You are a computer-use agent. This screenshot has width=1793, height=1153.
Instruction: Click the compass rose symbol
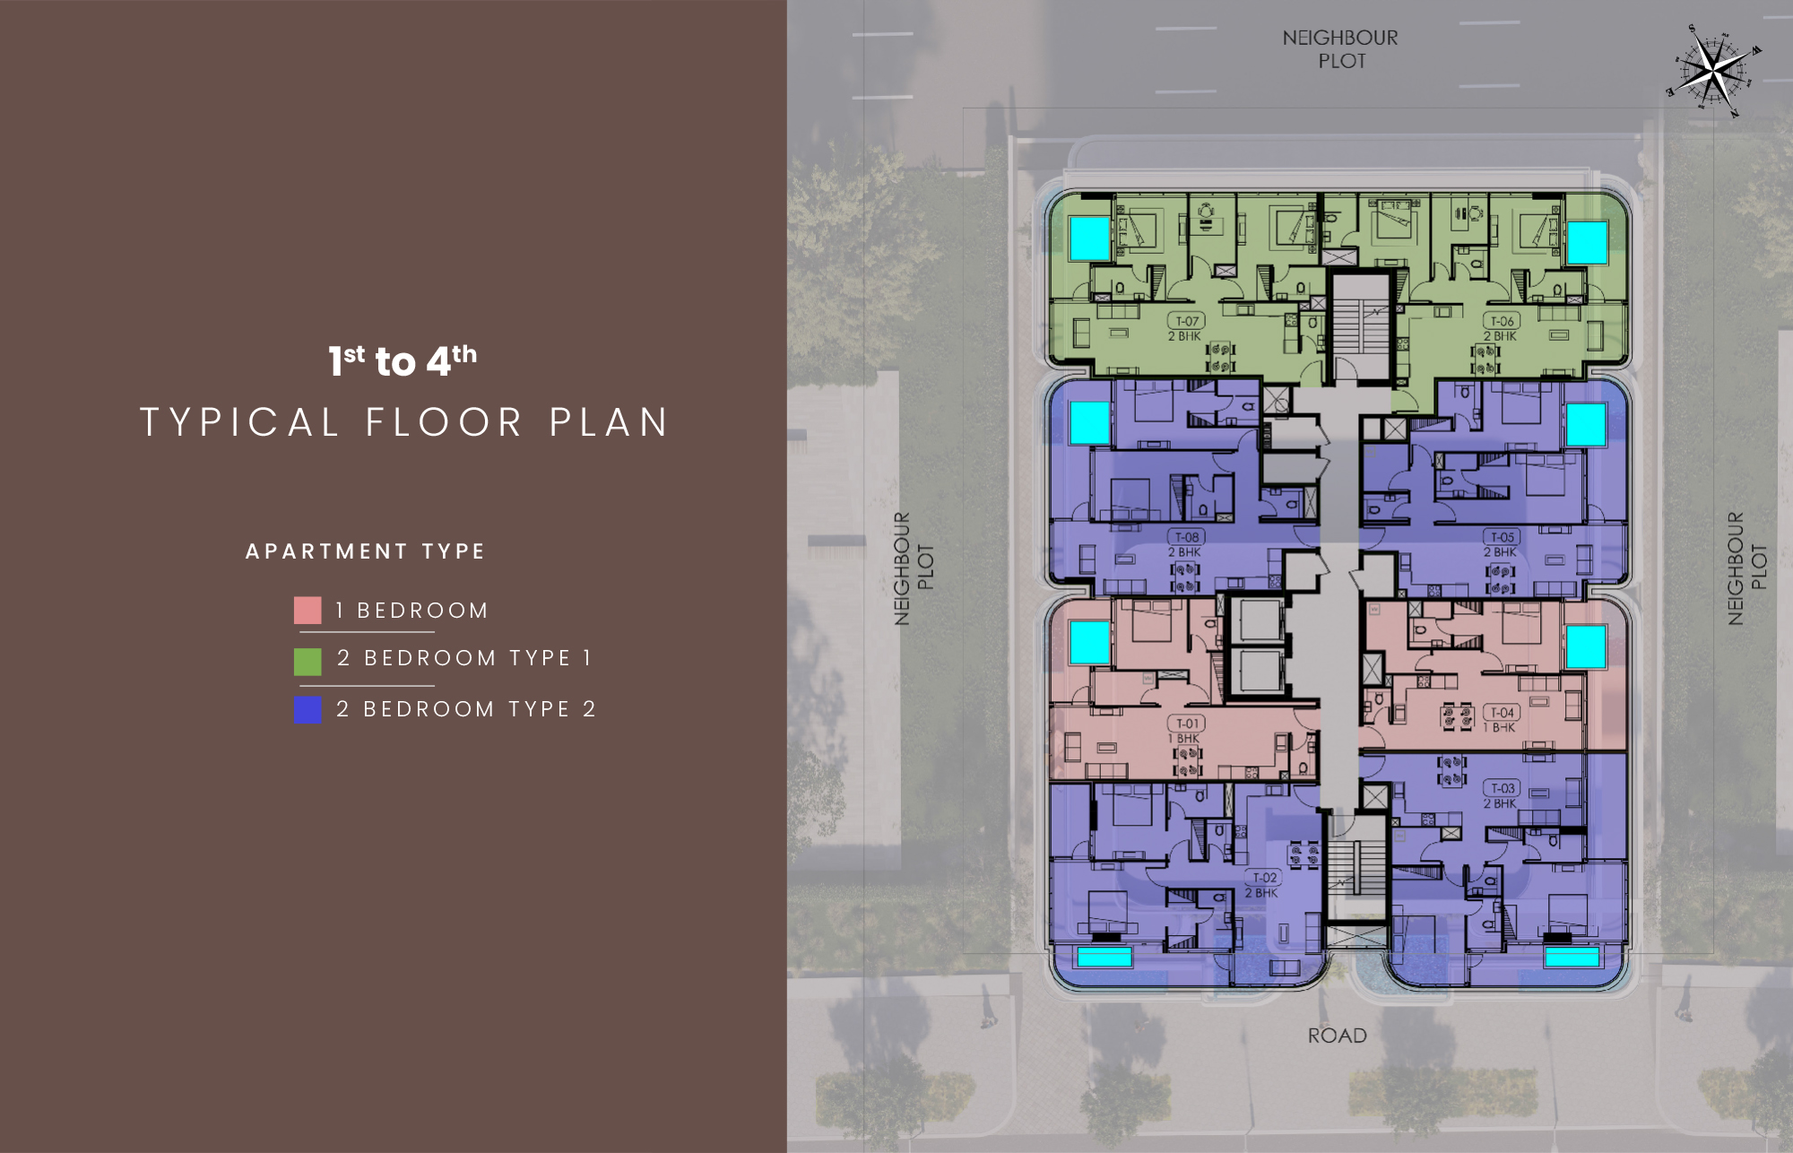point(1713,70)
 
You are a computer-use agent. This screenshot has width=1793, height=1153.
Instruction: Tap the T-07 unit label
point(1187,321)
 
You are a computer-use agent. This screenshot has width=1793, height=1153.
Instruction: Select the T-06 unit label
point(1502,321)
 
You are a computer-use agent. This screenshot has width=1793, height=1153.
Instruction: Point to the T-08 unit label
point(1187,537)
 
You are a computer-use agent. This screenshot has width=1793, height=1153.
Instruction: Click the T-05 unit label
point(1502,537)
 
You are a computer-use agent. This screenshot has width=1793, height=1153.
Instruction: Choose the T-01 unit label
point(1187,724)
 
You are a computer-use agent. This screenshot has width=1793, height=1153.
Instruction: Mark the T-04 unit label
point(1502,713)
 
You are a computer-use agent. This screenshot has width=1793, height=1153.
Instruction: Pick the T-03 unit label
point(1502,788)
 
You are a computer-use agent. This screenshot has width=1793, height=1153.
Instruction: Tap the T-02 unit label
point(1264,878)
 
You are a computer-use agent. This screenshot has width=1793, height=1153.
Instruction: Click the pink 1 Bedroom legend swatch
point(307,611)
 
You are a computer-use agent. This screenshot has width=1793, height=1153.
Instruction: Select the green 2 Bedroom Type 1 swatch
point(307,662)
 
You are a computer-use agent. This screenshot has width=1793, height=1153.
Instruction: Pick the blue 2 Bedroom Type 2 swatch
point(307,710)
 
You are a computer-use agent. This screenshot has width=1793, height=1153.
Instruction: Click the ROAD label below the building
point(1337,1036)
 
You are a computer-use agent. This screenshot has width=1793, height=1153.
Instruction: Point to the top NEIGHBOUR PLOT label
point(1340,49)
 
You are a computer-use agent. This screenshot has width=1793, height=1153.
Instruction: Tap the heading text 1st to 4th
point(403,360)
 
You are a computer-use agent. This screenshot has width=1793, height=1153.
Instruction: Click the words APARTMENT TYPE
point(366,551)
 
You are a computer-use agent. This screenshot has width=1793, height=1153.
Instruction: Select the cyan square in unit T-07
point(1090,238)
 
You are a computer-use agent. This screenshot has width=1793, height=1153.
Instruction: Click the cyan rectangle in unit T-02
point(1104,957)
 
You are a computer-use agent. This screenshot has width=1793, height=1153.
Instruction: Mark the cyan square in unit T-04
point(1585,646)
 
